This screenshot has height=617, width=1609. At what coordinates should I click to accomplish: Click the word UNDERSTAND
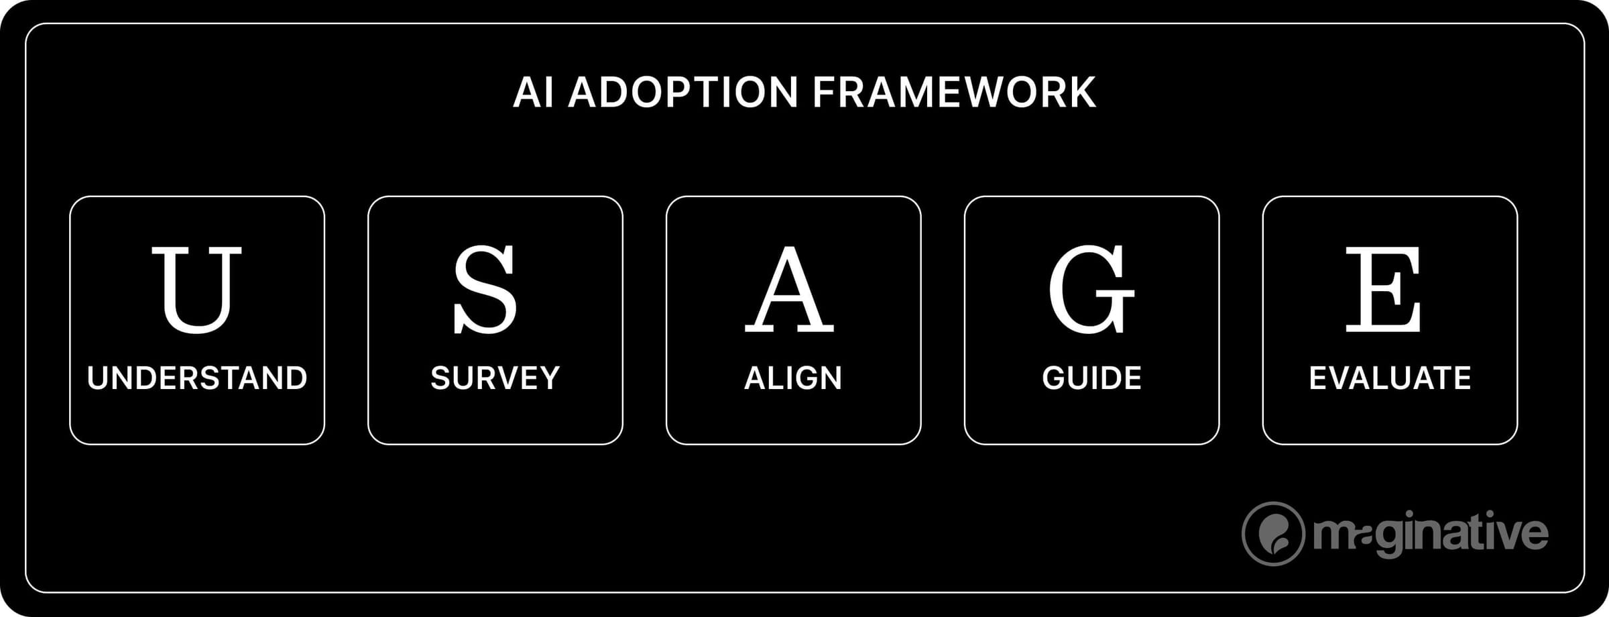point(197,378)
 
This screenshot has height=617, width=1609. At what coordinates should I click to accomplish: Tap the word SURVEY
point(495,378)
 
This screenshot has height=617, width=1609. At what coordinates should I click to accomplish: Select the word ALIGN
point(793,378)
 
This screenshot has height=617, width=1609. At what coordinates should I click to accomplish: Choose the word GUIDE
point(1091,378)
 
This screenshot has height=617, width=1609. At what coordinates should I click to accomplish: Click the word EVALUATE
point(1390,378)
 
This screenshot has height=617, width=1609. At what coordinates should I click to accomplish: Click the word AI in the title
point(534,93)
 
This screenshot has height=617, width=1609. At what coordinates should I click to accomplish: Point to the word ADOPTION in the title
point(683,93)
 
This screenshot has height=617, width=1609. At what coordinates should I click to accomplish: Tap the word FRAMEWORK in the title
point(954,93)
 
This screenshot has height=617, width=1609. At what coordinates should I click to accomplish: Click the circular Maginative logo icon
point(1273,534)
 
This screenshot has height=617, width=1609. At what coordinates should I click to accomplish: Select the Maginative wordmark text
point(1431,534)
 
